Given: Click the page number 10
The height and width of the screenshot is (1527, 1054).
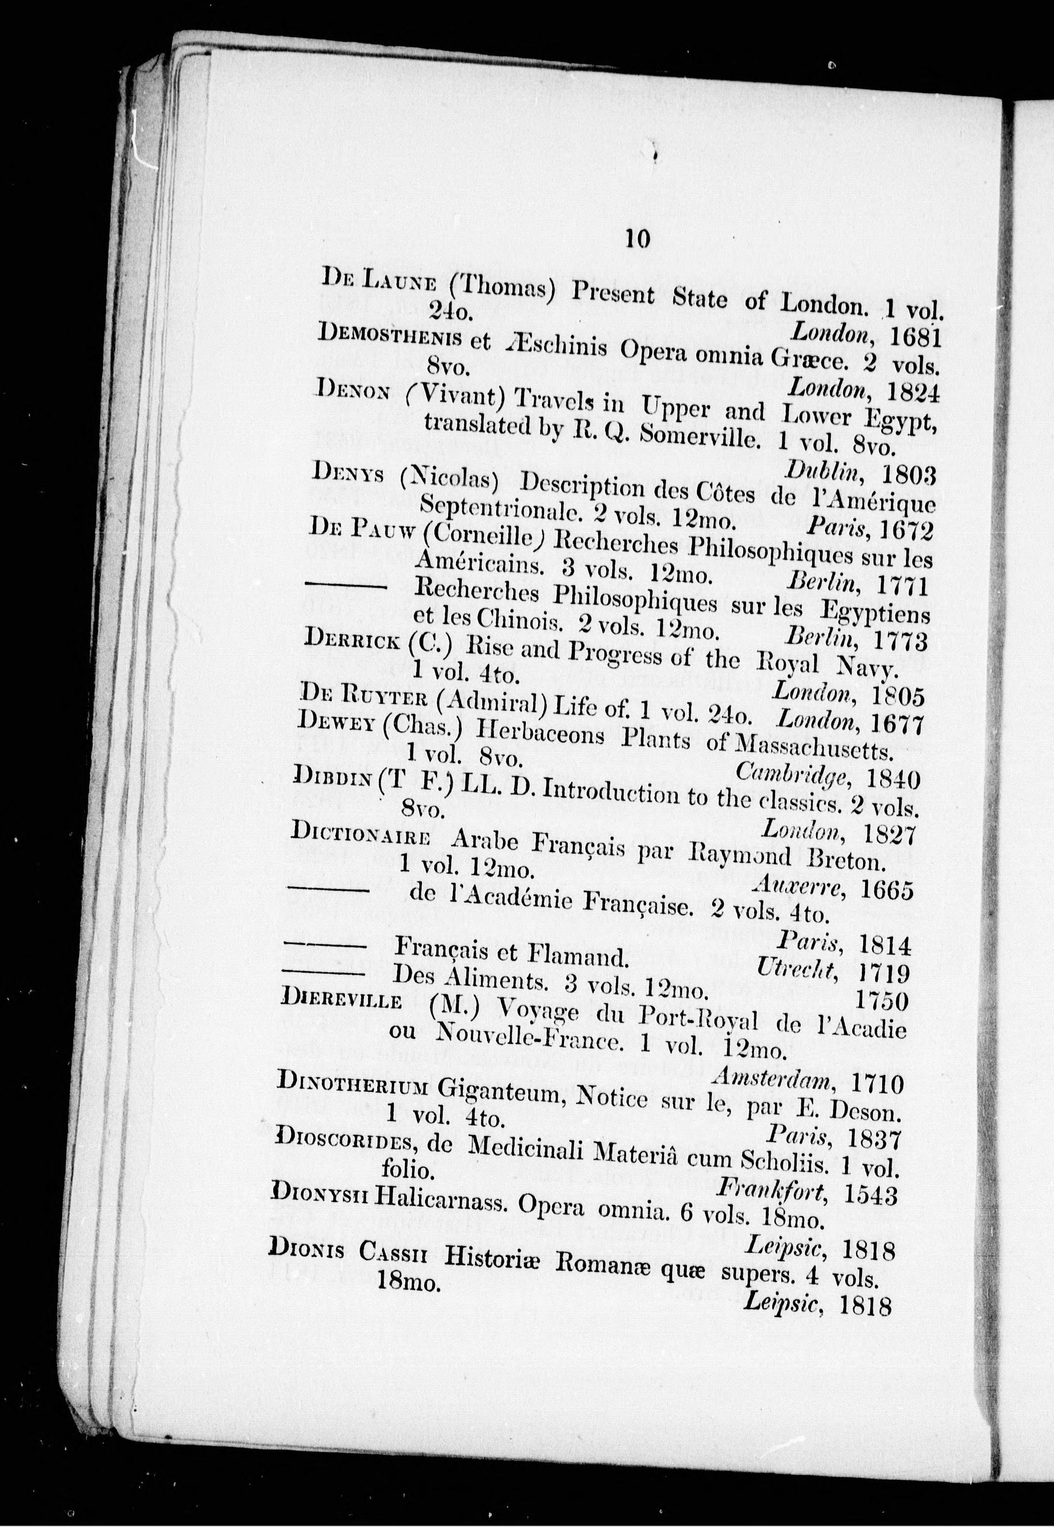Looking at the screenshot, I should [x=637, y=238].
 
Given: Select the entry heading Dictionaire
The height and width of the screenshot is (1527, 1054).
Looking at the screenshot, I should [x=361, y=835].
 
